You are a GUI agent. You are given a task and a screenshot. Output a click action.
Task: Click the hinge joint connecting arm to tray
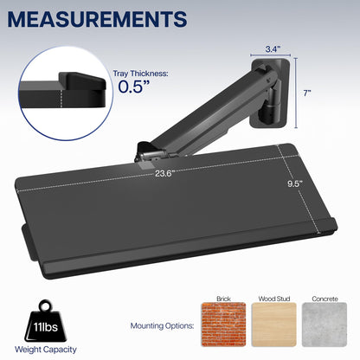click(148, 153)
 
